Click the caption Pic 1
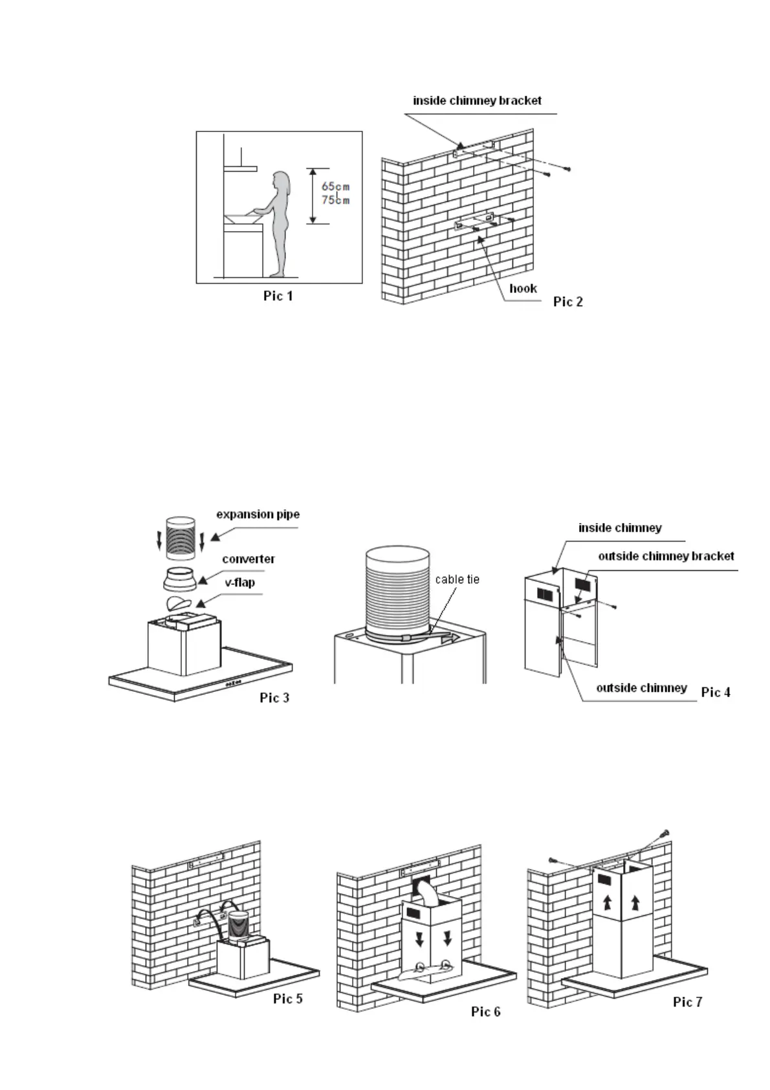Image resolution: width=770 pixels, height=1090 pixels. (278, 296)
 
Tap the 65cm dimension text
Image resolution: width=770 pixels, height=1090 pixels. (335, 187)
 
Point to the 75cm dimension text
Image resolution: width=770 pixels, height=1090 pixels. (335, 200)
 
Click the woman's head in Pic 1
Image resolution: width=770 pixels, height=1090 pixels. (280, 180)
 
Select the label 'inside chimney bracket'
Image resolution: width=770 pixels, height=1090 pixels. (477, 100)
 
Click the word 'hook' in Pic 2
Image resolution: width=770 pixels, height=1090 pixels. (523, 288)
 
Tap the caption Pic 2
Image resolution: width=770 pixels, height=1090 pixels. (567, 302)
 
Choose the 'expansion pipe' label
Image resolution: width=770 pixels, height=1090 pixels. (258, 515)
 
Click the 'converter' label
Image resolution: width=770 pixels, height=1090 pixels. (248, 559)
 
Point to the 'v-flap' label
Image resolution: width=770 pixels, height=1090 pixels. (239, 583)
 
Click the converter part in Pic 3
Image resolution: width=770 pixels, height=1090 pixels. (181, 579)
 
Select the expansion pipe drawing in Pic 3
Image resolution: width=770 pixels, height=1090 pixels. (181, 538)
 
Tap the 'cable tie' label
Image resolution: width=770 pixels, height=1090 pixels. (457, 579)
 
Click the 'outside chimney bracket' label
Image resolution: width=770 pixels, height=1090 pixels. (666, 556)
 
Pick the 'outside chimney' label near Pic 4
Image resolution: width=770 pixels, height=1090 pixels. (641, 687)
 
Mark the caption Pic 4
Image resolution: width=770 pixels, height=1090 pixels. (716, 692)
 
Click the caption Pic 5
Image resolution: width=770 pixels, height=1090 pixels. (287, 998)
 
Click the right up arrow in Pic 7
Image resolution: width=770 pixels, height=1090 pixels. (635, 901)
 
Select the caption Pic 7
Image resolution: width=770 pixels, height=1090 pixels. (687, 1002)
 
